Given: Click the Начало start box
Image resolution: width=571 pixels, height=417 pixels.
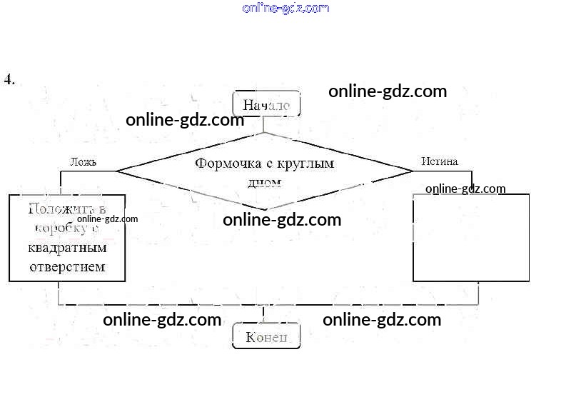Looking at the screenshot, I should click(266, 105).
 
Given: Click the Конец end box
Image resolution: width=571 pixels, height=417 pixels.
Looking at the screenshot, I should click(266, 336).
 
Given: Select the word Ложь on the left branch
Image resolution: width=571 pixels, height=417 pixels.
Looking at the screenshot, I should click(83, 161).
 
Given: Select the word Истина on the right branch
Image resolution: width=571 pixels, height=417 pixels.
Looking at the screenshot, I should click(439, 161).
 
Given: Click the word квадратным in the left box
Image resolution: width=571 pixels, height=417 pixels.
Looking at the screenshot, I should click(67, 248).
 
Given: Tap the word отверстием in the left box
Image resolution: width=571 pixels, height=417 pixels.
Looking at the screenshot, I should click(67, 266).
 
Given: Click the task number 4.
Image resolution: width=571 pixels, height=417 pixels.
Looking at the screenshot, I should click(9, 79).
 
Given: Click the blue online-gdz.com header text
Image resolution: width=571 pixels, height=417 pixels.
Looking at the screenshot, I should click(285, 8).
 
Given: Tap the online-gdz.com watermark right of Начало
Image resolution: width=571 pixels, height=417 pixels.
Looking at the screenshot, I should click(388, 91).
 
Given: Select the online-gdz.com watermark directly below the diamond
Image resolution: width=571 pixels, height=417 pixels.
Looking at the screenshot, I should click(282, 220).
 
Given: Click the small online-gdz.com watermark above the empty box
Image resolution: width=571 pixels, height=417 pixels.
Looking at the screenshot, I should click(465, 189).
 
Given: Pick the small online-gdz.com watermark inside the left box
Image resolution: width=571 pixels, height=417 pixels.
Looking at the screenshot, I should click(107, 219).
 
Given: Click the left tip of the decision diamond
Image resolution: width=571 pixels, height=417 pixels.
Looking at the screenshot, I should click(117, 171).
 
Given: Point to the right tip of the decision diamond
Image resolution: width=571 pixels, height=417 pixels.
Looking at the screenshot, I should click(413, 171).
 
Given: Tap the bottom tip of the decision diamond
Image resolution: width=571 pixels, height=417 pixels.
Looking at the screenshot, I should click(266, 209).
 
